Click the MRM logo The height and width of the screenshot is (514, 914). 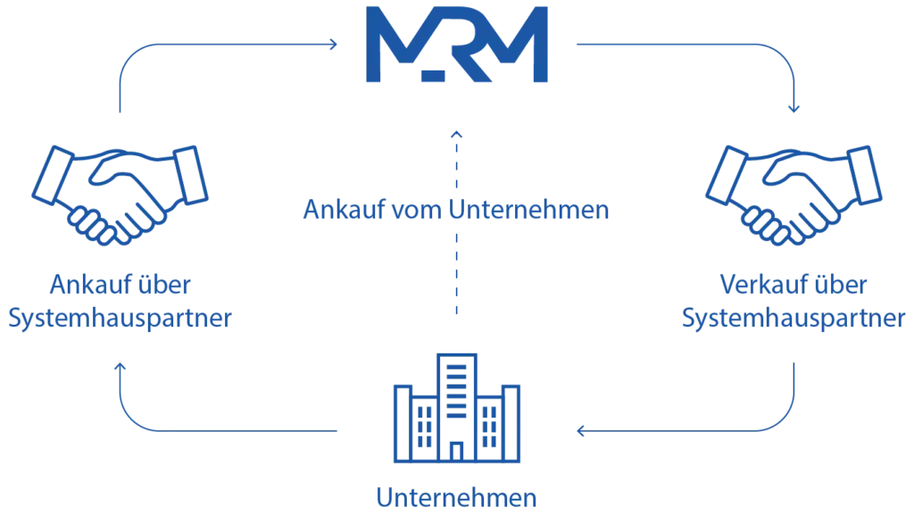456,45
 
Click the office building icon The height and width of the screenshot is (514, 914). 456,408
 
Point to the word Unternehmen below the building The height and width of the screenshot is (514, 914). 456,498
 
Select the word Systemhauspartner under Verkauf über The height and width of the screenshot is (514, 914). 794,319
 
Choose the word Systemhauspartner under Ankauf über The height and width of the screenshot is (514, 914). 120,319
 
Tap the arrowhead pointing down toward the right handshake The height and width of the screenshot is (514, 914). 794,108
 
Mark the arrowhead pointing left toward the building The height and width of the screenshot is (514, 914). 580,431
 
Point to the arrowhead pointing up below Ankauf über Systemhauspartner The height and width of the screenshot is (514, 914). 120,367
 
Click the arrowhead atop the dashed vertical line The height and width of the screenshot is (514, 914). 456,135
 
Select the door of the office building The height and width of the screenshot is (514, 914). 456,452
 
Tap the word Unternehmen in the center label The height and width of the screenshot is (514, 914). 528,209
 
